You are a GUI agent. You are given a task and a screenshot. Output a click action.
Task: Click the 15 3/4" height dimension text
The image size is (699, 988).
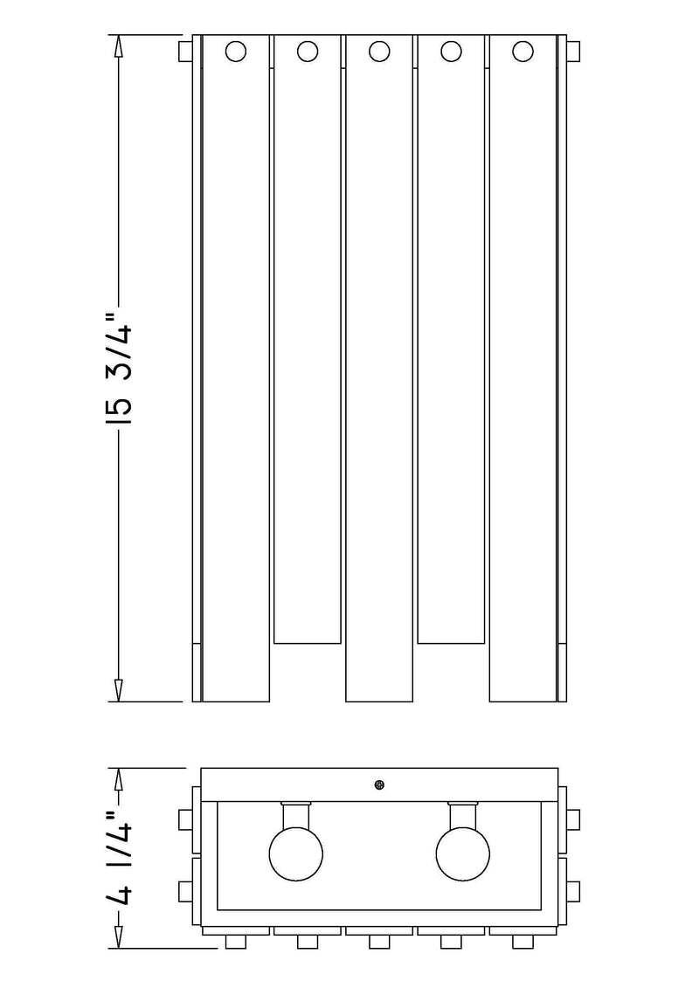click(119, 372)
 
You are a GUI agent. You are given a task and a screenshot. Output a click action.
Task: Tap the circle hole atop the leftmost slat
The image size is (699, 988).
click(235, 51)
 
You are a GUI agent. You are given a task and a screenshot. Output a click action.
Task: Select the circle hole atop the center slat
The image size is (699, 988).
click(379, 51)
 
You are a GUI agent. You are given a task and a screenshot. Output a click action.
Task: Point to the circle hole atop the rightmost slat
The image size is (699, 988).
click(523, 51)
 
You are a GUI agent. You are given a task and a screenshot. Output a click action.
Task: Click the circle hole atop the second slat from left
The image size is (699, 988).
click(307, 51)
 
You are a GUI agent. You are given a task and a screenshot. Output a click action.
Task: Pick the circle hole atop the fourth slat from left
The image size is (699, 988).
click(451, 51)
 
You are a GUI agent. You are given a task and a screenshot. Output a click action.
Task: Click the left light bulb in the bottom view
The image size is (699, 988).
click(295, 853)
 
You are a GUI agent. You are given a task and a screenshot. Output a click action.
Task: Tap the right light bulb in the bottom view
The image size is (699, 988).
click(462, 853)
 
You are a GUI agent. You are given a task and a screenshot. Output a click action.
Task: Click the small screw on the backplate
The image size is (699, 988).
click(379, 784)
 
